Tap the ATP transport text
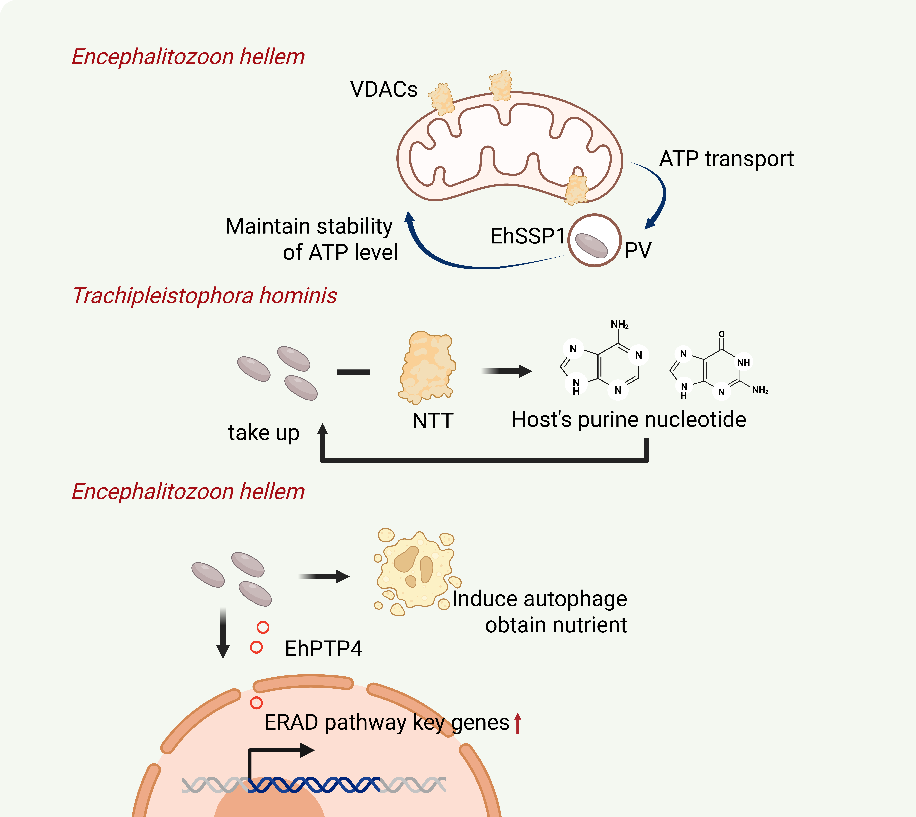point(727,159)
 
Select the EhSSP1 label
point(527,236)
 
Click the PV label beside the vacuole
point(638,250)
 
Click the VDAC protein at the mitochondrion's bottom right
point(576,189)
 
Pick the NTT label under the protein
point(433,421)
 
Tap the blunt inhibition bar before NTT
point(353,372)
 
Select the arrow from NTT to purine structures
point(507,371)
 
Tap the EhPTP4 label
point(323,649)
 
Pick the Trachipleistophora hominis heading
point(205,296)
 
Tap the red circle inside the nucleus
point(256,703)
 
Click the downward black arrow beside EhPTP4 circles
point(223,633)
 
